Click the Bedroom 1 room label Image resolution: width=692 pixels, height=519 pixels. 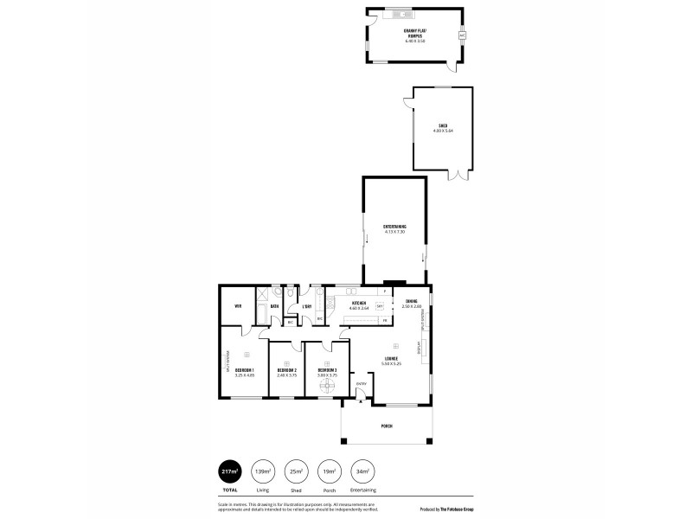coord(245,370)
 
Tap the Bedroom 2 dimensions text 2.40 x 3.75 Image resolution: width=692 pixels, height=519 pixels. coord(286,375)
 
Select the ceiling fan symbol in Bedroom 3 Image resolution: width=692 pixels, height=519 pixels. coord(327,387)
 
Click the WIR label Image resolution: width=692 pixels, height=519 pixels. coord(238,306)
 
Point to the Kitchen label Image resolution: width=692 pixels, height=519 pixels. coord(359,303)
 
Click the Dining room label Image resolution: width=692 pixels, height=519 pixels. coord(411,301)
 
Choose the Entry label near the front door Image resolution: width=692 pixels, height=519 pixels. coord(362,384)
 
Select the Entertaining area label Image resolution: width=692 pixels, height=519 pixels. coord(394,227)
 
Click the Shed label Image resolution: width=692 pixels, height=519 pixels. coord(443,125)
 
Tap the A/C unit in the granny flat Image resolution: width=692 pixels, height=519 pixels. coord(463,35)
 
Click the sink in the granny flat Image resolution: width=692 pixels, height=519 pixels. coord(400,15)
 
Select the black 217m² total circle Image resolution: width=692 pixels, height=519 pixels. coord(230,471)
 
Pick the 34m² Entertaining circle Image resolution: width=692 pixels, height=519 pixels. coord(362,471)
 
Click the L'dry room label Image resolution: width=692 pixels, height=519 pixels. coord(306,306)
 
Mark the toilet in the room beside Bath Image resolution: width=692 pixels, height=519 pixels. coord(291,294)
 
